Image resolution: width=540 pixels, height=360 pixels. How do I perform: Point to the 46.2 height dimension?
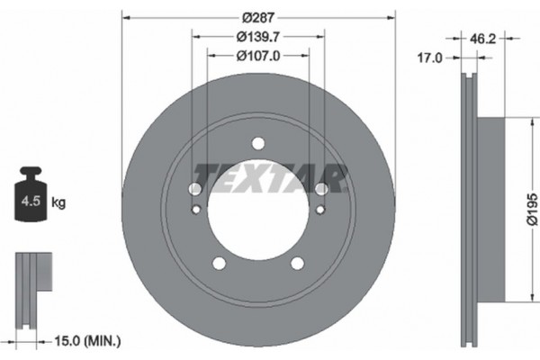[x=484, y=38]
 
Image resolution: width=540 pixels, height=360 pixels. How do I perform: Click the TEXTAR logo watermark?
[x=270, y=176]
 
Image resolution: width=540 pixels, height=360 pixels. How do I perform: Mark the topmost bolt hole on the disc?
[x=258, y=143]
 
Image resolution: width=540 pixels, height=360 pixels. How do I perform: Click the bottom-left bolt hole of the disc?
[x=219, y=263]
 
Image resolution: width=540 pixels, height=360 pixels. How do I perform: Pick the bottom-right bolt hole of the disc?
[x=298, y=263]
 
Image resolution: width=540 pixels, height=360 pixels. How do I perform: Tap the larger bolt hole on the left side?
[x=195, y=189]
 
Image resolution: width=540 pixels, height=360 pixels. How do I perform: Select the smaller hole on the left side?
[x=196, y=210]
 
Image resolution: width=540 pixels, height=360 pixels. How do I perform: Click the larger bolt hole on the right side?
[x=321, y=189]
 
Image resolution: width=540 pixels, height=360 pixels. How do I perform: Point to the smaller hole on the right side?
[x=320, y=210]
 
